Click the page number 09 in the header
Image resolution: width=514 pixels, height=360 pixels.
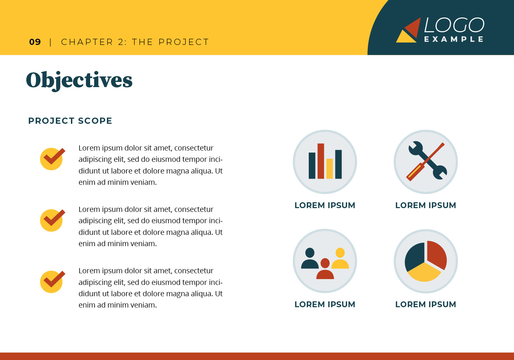coord(35,42)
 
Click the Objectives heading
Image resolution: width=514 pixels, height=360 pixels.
coord(79,81)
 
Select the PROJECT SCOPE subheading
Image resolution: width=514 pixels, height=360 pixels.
coord(70,121)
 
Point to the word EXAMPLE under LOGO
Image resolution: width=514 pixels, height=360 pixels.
coord(454,39)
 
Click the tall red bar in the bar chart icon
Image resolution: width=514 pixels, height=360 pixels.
coord(321,161)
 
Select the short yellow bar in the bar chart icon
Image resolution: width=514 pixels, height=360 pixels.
coord(330,169)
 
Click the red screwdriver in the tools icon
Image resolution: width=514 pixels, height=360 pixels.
coord(425,162)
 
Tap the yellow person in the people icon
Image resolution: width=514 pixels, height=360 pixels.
coord(340,258)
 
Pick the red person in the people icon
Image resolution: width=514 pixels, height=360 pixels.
coord(325,269)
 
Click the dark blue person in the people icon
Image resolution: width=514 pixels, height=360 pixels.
coord(310,258)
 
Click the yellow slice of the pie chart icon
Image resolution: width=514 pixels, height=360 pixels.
coord(424,273)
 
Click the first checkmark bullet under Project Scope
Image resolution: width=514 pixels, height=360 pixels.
coord(52,159)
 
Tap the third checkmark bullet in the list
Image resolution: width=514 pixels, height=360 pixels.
coord(52,282)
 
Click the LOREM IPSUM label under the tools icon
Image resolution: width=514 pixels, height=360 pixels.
coord(426,205)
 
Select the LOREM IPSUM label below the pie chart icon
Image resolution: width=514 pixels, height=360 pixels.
coord(426,304)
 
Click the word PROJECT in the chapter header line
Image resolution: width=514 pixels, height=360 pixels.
coord(184,42)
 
